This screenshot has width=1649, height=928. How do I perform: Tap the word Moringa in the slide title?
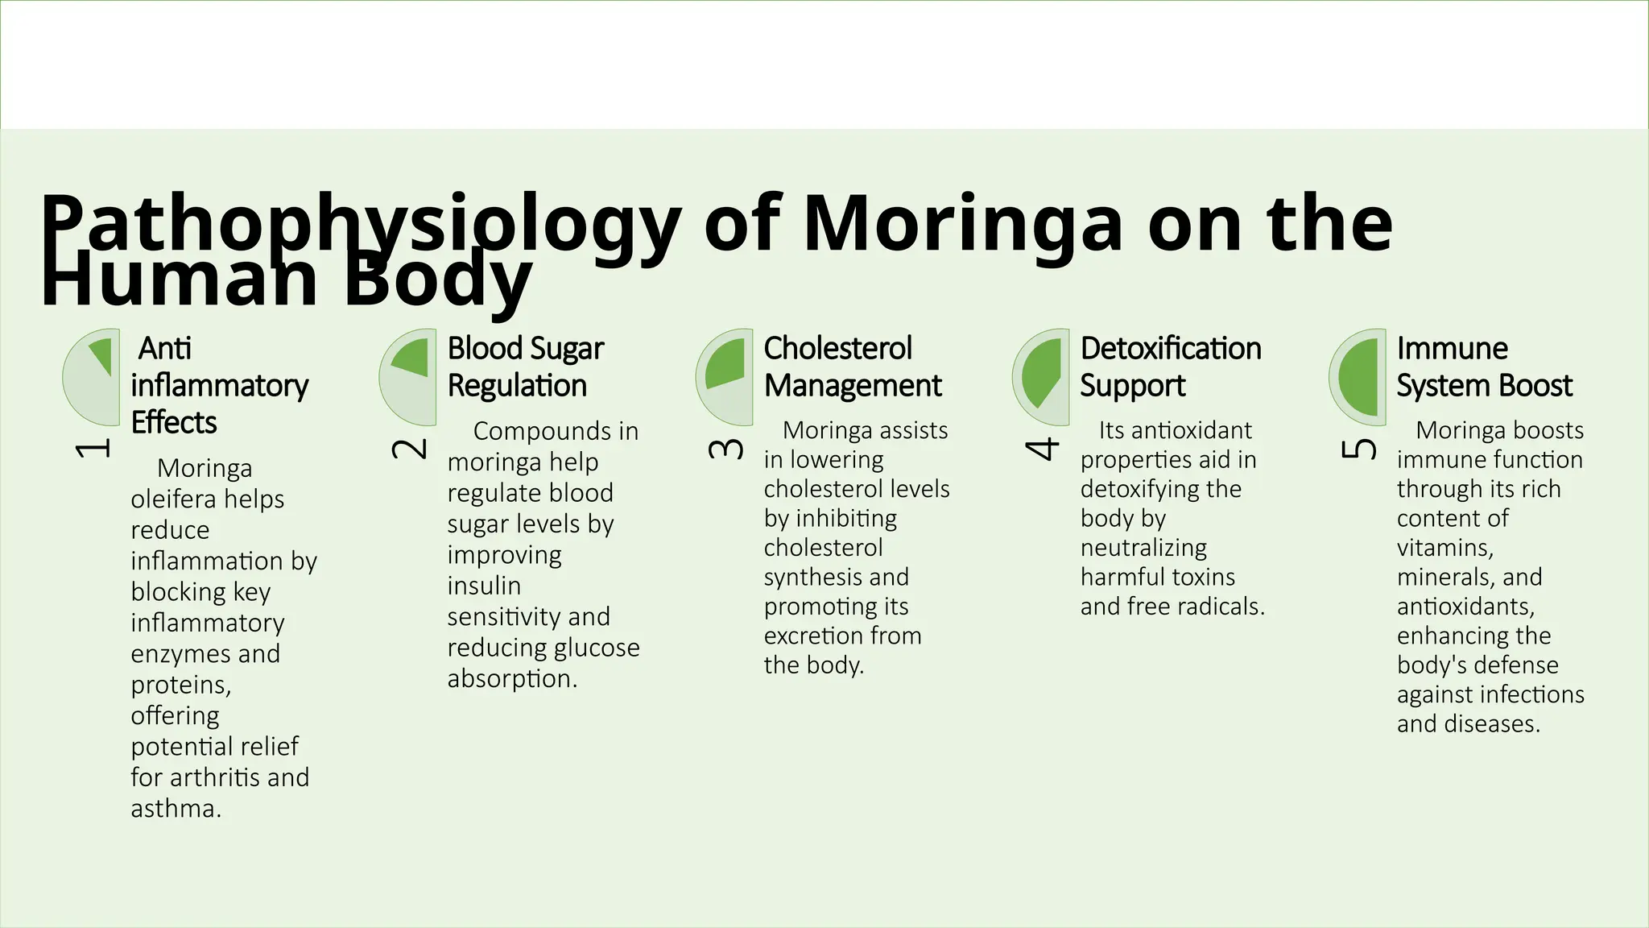(x=962, y=224)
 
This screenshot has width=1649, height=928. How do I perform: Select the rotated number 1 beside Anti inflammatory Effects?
(x=93, y=449)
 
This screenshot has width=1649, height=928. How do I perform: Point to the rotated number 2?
(x=409, y=449)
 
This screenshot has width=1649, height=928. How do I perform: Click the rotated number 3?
(x=725, y=449)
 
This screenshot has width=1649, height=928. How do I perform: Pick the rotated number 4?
(x=1042, y=449)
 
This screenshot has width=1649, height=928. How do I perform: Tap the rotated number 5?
(x=1358, y=449)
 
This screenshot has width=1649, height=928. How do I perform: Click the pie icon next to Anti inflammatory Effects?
(x=92, y=377)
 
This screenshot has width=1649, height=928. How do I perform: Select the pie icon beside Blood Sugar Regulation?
(x=408, y=377)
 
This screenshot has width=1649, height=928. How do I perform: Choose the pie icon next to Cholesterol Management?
(x=725, y=377)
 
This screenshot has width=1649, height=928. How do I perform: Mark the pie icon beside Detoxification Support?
(x=1041, y=377)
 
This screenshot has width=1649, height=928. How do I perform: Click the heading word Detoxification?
(x=1171, y=349)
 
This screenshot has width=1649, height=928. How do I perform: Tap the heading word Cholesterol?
(x=837, y=349)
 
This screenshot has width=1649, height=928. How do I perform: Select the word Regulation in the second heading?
(x=517, y=386)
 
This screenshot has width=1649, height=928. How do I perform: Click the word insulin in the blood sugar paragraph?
(x=484, y=586)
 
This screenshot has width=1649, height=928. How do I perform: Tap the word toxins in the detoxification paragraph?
(x=1203, y=577)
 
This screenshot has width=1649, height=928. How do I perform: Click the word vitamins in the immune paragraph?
(x=1444, y=548)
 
